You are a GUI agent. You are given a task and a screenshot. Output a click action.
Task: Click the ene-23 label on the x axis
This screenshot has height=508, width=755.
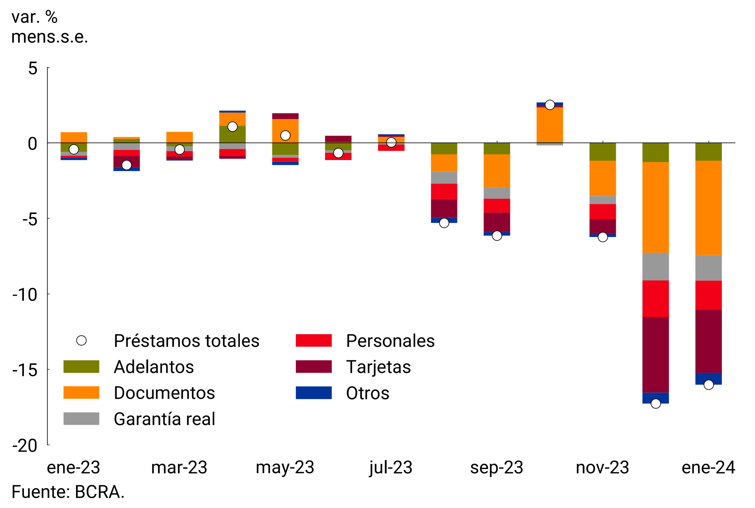[x=73, y=467]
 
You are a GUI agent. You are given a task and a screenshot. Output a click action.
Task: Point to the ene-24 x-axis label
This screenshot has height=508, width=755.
[x=708, y=467]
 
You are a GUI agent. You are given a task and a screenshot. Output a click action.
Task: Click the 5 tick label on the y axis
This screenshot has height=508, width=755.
[x=33, y=68]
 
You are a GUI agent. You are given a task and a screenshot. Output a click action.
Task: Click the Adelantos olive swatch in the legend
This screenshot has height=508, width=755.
[x=81, y=366]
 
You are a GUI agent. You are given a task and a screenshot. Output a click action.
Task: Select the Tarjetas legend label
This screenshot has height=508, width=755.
[x=378, y=367]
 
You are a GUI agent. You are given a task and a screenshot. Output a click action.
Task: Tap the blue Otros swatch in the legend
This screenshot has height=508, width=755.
[x=313, y=393]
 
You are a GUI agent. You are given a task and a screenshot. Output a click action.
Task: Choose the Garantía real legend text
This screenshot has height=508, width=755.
[x=164, y=419]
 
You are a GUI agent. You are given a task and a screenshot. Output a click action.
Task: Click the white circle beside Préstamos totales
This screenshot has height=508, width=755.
[x=81, y=341]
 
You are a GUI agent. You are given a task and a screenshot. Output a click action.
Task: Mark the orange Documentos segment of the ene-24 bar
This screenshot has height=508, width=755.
[x=708, y=207]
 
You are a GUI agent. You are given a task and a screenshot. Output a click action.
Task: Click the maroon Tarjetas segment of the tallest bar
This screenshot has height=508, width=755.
[x=655, y=355]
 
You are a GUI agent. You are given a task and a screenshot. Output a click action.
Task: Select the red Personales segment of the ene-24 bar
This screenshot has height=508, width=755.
[x=708, y=295]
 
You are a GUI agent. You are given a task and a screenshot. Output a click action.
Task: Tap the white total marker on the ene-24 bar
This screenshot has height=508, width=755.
[x=709, y=385]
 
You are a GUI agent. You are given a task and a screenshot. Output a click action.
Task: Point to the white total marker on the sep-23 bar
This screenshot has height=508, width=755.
[x=497, y=236]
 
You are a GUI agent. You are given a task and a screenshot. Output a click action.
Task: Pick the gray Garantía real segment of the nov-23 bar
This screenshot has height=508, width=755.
[x=603, y=200]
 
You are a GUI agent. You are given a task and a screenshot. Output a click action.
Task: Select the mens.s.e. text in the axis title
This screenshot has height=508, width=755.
[x=50, y=37]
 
